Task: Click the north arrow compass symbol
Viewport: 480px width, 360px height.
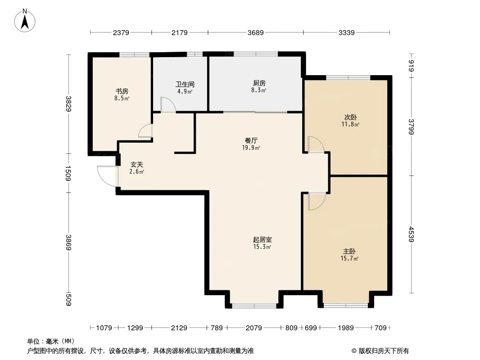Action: coord(25,21)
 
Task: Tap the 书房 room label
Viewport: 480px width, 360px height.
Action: coord(122,91)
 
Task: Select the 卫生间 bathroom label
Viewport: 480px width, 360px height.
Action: coord(185,84)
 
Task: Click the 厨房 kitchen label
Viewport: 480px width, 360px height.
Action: coord(259,83)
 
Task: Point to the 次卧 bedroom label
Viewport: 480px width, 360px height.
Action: coord(350,117)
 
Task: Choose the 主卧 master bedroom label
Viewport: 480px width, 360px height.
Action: coord(349,252)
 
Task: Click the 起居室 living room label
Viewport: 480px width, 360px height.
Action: coord(263,239)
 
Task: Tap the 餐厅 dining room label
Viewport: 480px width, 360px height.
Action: coord(251,140)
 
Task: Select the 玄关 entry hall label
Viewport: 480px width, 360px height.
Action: coord(136,164)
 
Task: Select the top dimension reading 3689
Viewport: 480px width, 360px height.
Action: coord(256,32)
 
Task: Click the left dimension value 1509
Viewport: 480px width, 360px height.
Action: coord(68,173)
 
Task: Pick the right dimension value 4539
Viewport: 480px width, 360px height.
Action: coord(411,234)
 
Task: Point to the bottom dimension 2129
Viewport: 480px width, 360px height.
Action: coord(179,328)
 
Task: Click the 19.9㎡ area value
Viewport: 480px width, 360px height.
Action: coord(251,148)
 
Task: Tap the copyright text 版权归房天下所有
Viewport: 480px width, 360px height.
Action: coord(384,351)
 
